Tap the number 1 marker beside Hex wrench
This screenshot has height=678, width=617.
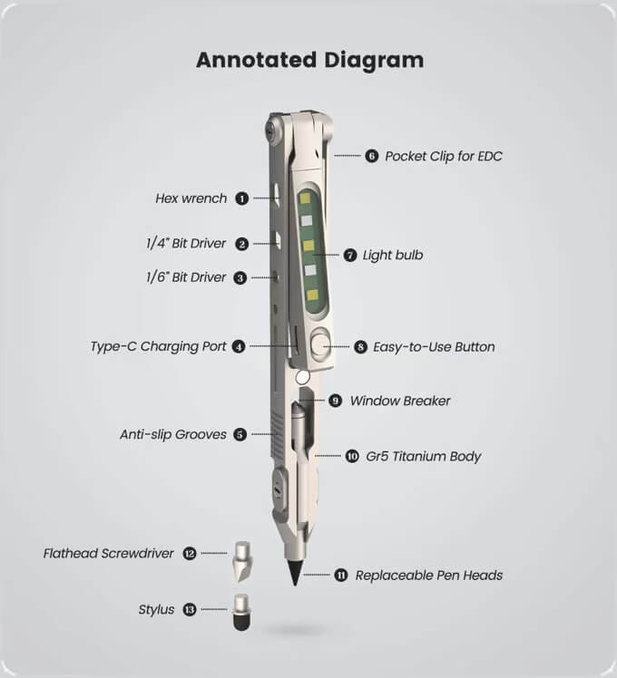coord(241,199)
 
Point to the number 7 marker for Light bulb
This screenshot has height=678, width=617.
coord(350,255)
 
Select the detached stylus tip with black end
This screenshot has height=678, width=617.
coord(241,612)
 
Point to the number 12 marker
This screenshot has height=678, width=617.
coord(190,554)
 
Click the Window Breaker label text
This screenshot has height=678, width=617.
coord(400,401)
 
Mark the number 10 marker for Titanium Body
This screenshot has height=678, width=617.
coord(352,456)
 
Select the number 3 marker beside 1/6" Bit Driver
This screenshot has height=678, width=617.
coord(240,277)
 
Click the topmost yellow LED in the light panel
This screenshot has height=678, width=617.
coord(306,198)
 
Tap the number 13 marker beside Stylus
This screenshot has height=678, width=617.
coord(190,610)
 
